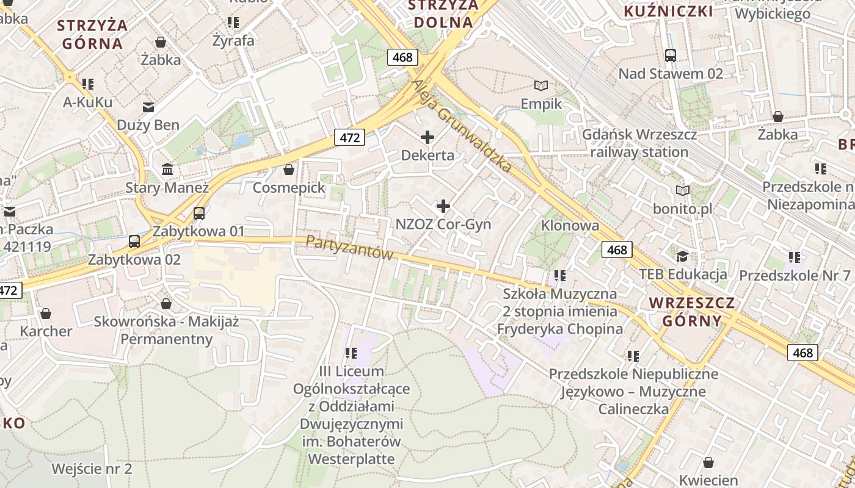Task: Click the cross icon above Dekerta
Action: [428, 137]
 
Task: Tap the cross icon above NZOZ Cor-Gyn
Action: [443, 206]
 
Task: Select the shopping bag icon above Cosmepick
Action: [289, 170]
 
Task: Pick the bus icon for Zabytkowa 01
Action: [198, 213]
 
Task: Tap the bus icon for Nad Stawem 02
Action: [670, 56]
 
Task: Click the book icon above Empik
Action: [541, 86]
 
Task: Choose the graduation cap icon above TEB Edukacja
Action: [682, 256]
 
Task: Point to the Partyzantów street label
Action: [349, 248]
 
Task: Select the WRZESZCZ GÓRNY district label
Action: [692, 312]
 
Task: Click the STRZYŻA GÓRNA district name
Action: [92, 34]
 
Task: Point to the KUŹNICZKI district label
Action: [668, 11]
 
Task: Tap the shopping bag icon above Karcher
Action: [46, 314]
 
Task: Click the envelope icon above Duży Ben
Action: [148, 107]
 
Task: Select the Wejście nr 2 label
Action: [92, 469]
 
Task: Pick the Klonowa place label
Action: [570, 226]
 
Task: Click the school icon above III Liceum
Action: [351, 353]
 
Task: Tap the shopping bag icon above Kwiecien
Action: [708, 463]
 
